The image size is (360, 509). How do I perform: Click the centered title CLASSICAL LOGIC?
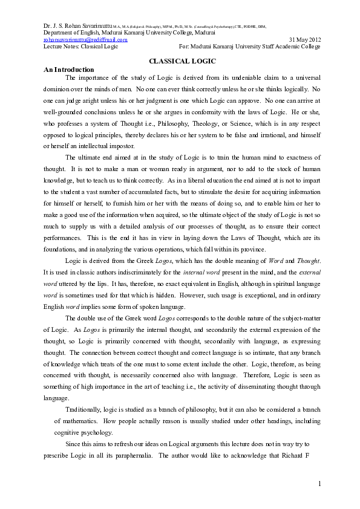(182, 62)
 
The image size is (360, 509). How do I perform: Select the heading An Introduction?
(69, 70)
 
